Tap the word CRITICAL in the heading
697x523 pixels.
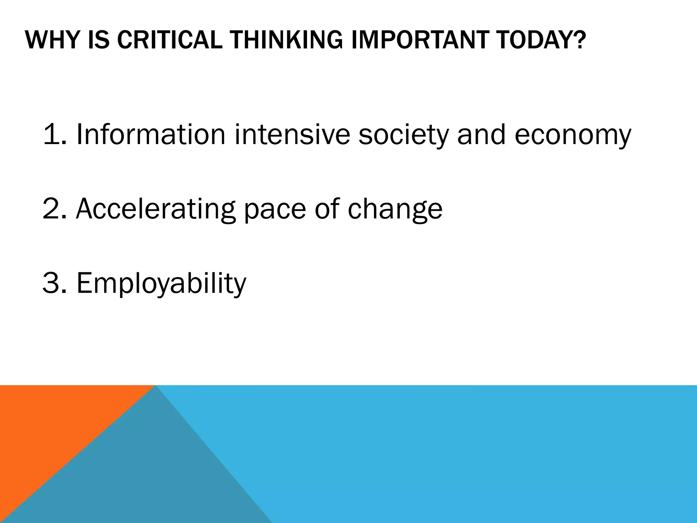[169, 40]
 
